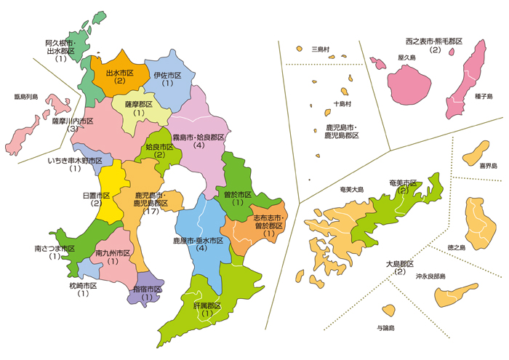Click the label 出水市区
[x=120, y=73]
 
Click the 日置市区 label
[x=96, y=196]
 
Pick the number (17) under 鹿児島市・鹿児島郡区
[x=151, y=212]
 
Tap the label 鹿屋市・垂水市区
[x=201, y=240]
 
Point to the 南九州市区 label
[x=113, y=252]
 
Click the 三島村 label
[x=321, y=49]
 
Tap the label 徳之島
[x=456, y=247]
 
